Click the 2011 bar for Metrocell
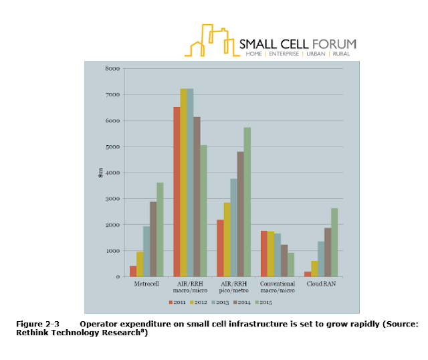tap(133, 271)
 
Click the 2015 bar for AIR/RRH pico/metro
tap(247, 201)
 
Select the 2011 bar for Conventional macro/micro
tap(264, 254)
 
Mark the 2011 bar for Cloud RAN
tap(308, 274)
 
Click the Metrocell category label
tap(146, 284)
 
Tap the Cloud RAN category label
tap(321, 284)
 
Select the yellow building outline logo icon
tap(211, 40)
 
